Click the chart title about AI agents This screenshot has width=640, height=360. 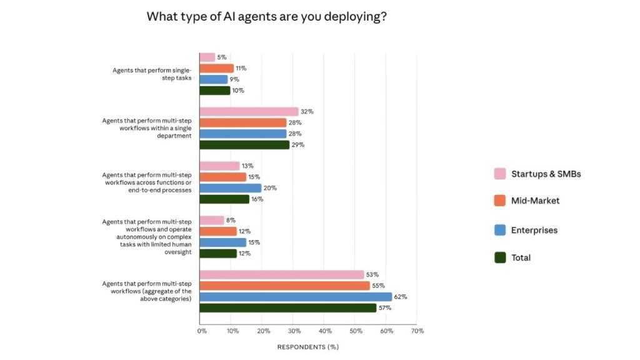click(x=266, y=17)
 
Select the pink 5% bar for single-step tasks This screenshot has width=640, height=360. click(x=207, y=57)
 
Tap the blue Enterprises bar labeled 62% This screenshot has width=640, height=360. click(x=295, y=297)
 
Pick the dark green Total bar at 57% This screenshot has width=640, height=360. click(x=287, y=307)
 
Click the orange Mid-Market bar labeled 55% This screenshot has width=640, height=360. click(x=284, y=286)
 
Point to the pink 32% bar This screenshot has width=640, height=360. click(x=249, y=112)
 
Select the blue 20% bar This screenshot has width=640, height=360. click(x=230, y=188)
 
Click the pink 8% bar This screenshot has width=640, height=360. click(x=211, y=220)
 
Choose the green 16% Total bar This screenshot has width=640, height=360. click(x=224, y=199)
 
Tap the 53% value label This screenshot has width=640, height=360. click(x=372, y=274)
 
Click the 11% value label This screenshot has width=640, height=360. click(x=241, y=68)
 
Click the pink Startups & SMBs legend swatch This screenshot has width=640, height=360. click(x=499, y=174)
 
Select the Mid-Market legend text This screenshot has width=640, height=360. click(x=535, y=201)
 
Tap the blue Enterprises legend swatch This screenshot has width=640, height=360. click(x=499, y=230)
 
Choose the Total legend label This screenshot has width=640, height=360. click(x=521, y=257)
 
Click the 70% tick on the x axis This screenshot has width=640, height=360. click(x=417, y=331)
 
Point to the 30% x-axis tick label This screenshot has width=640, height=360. click(x=294, y=331)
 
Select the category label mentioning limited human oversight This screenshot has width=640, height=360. click(x=147, y=237)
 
